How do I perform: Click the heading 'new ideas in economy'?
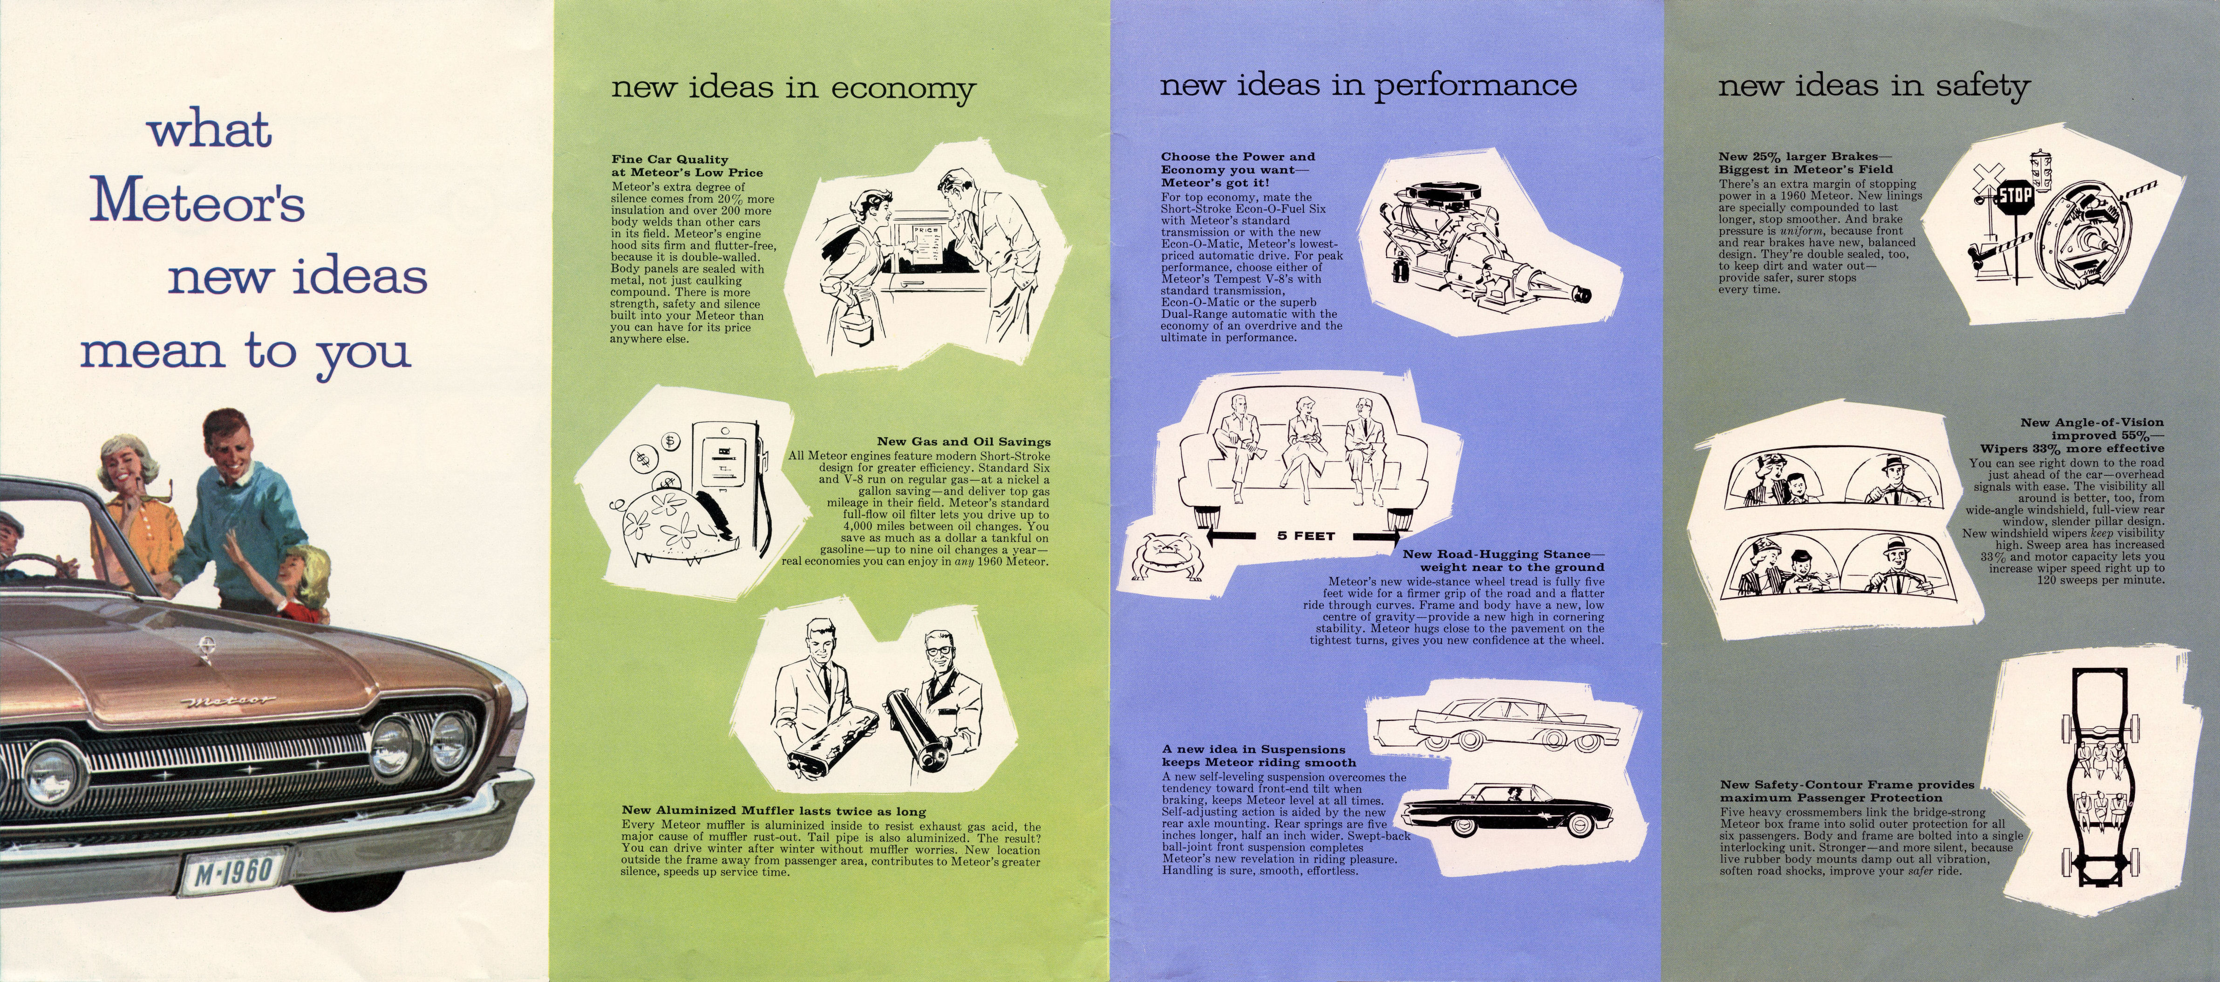click(793, 88)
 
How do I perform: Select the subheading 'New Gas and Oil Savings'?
click(963, 441)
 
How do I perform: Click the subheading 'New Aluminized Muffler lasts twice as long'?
click(773, 810)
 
